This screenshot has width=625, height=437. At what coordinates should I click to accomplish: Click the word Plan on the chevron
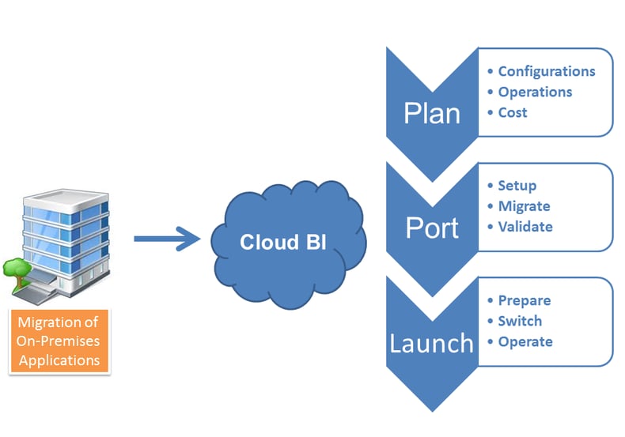tap(431, 113)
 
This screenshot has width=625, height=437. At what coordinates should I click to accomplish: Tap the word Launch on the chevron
tap(431, 343)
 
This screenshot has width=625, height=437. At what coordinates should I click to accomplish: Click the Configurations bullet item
tap(546, 71)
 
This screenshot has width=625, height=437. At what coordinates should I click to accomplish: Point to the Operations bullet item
tap(535, 92)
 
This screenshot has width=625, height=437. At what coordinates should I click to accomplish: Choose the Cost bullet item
tap(513, 112)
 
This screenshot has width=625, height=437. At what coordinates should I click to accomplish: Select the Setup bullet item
tap(517, 186)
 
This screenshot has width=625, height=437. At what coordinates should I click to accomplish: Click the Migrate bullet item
tap(524, 206)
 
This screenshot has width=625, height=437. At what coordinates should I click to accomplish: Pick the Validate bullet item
tap(525, 227)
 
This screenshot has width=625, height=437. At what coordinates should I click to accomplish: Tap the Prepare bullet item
tap(524, 300)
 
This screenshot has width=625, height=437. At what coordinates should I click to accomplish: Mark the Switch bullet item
tap(520, 321)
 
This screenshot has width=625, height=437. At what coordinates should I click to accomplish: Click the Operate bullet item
tap(525, 341)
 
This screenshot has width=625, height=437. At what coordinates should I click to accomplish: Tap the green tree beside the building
tap(17, 269)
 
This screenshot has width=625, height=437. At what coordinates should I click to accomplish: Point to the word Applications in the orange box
tap(60, 360)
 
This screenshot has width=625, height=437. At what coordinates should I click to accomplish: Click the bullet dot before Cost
tap(491, 113)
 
